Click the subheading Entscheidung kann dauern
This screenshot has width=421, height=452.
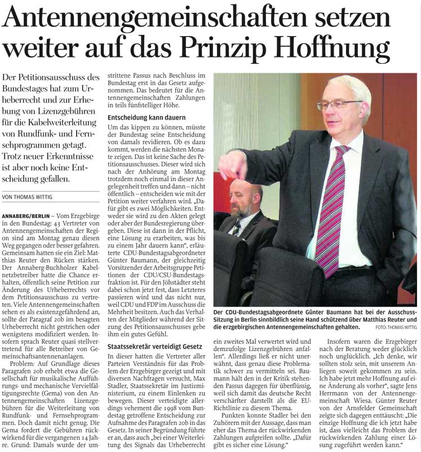(144, 118)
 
